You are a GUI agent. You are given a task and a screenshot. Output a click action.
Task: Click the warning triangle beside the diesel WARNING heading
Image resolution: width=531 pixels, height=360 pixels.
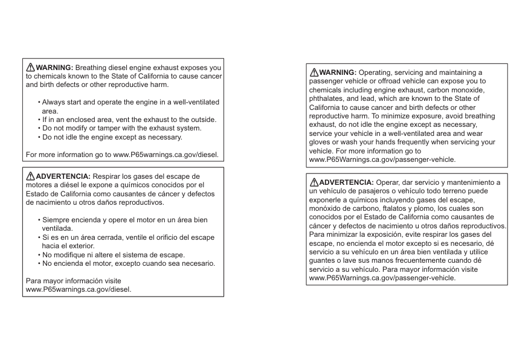tap(30, 67)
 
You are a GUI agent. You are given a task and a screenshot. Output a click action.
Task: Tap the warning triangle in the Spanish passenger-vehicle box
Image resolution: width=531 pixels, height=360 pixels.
tap(314, 182)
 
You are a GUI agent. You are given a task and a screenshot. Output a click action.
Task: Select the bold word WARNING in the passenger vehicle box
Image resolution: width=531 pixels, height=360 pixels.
tap(338, 72)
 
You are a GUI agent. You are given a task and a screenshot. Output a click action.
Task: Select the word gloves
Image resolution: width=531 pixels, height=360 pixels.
tap(321, 142)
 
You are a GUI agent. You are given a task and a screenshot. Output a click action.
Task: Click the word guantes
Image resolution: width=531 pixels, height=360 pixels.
tap(323, 261)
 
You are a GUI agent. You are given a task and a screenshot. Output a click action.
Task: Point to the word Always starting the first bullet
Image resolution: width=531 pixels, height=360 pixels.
tap(54, 102)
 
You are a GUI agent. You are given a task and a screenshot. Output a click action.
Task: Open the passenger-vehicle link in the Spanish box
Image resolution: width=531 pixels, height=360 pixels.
tap(382, 278)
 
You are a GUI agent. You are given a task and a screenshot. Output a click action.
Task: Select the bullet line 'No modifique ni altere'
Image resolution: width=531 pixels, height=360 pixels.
tap(114, 255)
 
